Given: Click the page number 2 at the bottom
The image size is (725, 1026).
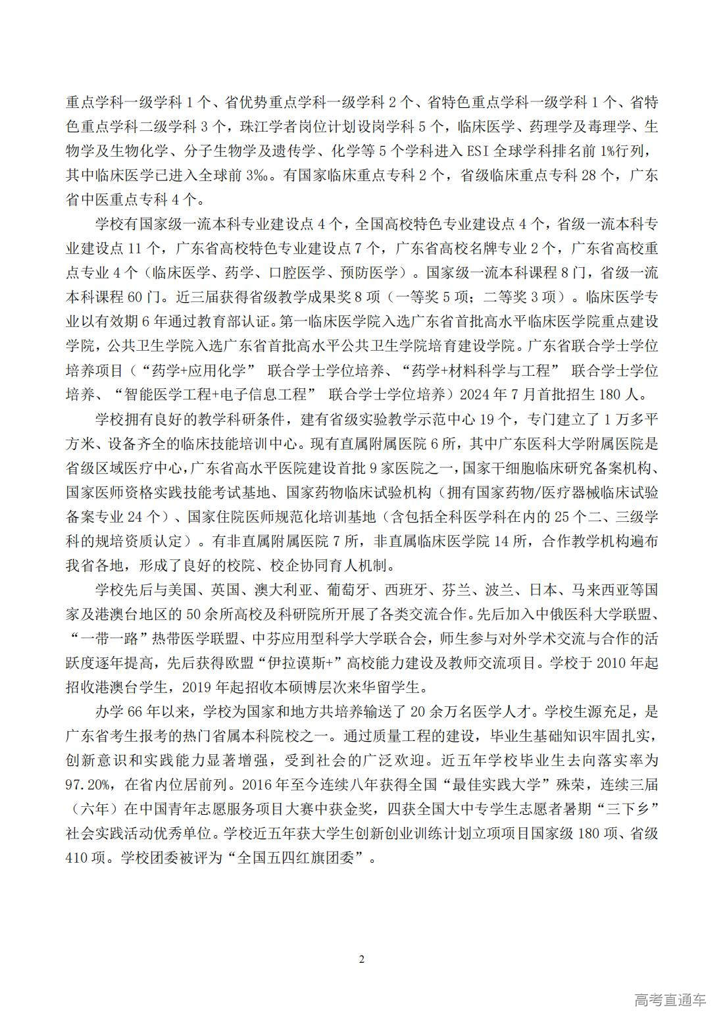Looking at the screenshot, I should point(362,959).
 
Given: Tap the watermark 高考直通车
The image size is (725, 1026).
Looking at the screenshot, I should point(670,1000).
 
